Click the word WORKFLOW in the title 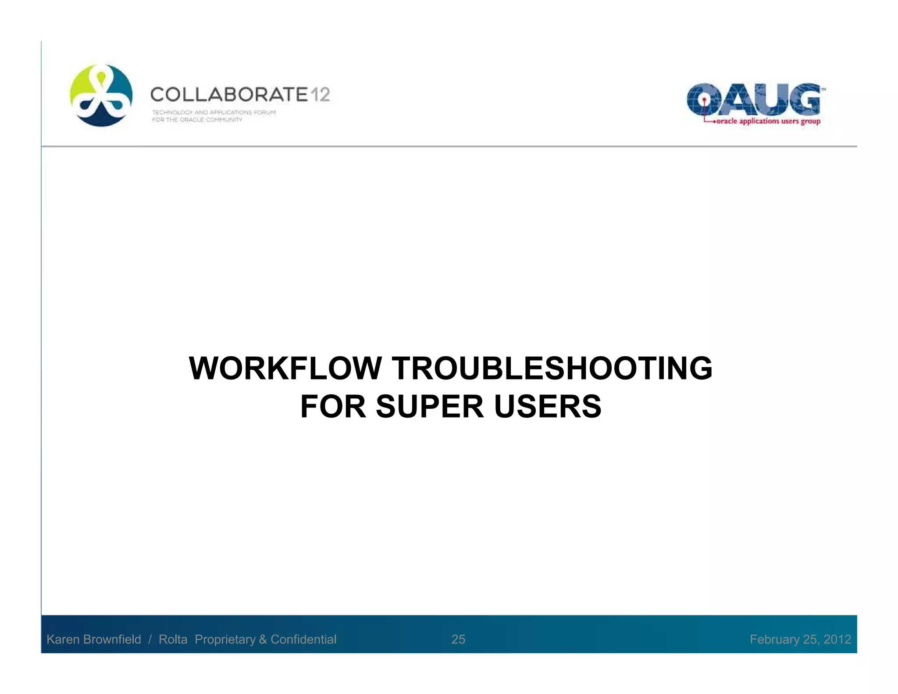click(x=285, y=368)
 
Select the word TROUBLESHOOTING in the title click(x=552, y=368)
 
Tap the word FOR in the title click(x=333, y=407)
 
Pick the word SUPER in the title click(x=430, y=407)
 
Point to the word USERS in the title click(x=548, y=407)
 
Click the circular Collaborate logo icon click(x=101, y=96)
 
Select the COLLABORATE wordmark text click(x=229, y=95)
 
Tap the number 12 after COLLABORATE click(x=321, y=95)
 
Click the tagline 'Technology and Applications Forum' click(x=214, y=112)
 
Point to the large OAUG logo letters click(x=753, y=99)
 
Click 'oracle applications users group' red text click(x=768, y=122)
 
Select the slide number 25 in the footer click(x=458, y=639)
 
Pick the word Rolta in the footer click(x=173, y=639)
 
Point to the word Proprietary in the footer click(x=225, y=639)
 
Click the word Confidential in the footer click(x=303, y=639)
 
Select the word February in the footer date click(x=774, y=639)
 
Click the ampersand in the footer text click(x=263, y=639)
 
